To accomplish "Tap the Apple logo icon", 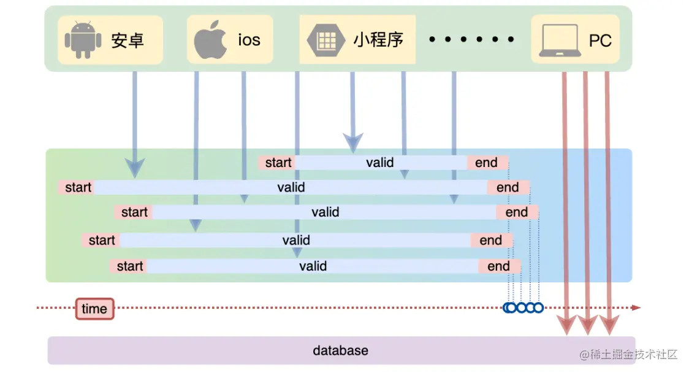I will pyautogui.click(x=210, y=39).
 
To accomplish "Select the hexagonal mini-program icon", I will pyautogui.click(x=323, y=40).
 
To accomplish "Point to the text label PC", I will pyautogui.click(x=600, y=41).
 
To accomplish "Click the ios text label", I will pyautogui.click(x=249, y=40).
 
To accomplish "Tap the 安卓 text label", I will pyautogui.click(x=128, y=41).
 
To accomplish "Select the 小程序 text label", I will pyautogui.click(x=378, y=40).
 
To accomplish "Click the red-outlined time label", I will pyautogui.click(x=94, y=309).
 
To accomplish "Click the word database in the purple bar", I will pyautogui.click(x=341, y=351).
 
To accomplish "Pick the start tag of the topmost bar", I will pyautogui.click(x=278, y=163).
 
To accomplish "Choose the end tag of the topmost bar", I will pyautogui.click(x=487, y=163).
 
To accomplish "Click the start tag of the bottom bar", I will pyautogui.click(x=129, y=266).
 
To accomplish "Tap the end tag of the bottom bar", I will pyautogui.click(x=499, y=266).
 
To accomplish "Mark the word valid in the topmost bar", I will pyautogui.click(x=380, y=163).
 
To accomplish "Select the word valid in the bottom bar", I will pyautogui.click(x=313, y=266).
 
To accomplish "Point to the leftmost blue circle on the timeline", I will pyautogui.click(x=509, y=308).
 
